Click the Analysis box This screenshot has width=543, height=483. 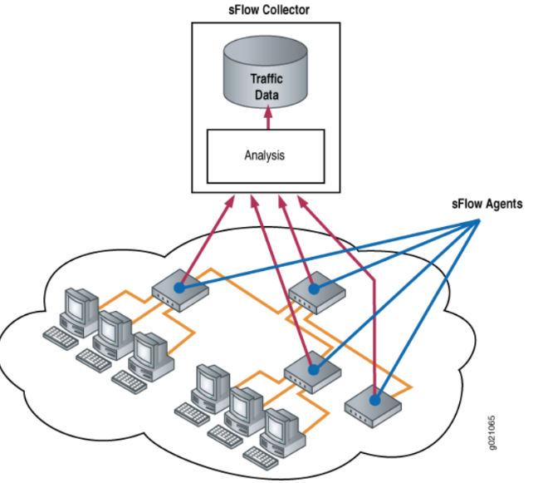point(267,155)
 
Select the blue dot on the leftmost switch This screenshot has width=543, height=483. point(179,288)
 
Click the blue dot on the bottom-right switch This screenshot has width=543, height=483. point(375,400)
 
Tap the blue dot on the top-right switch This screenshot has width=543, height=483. point(315,288)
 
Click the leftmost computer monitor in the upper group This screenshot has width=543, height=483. point(81,308)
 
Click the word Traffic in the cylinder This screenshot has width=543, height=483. point(266,80)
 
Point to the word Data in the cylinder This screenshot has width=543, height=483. point(266,96)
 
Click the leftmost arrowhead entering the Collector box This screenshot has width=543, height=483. point(232,200)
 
